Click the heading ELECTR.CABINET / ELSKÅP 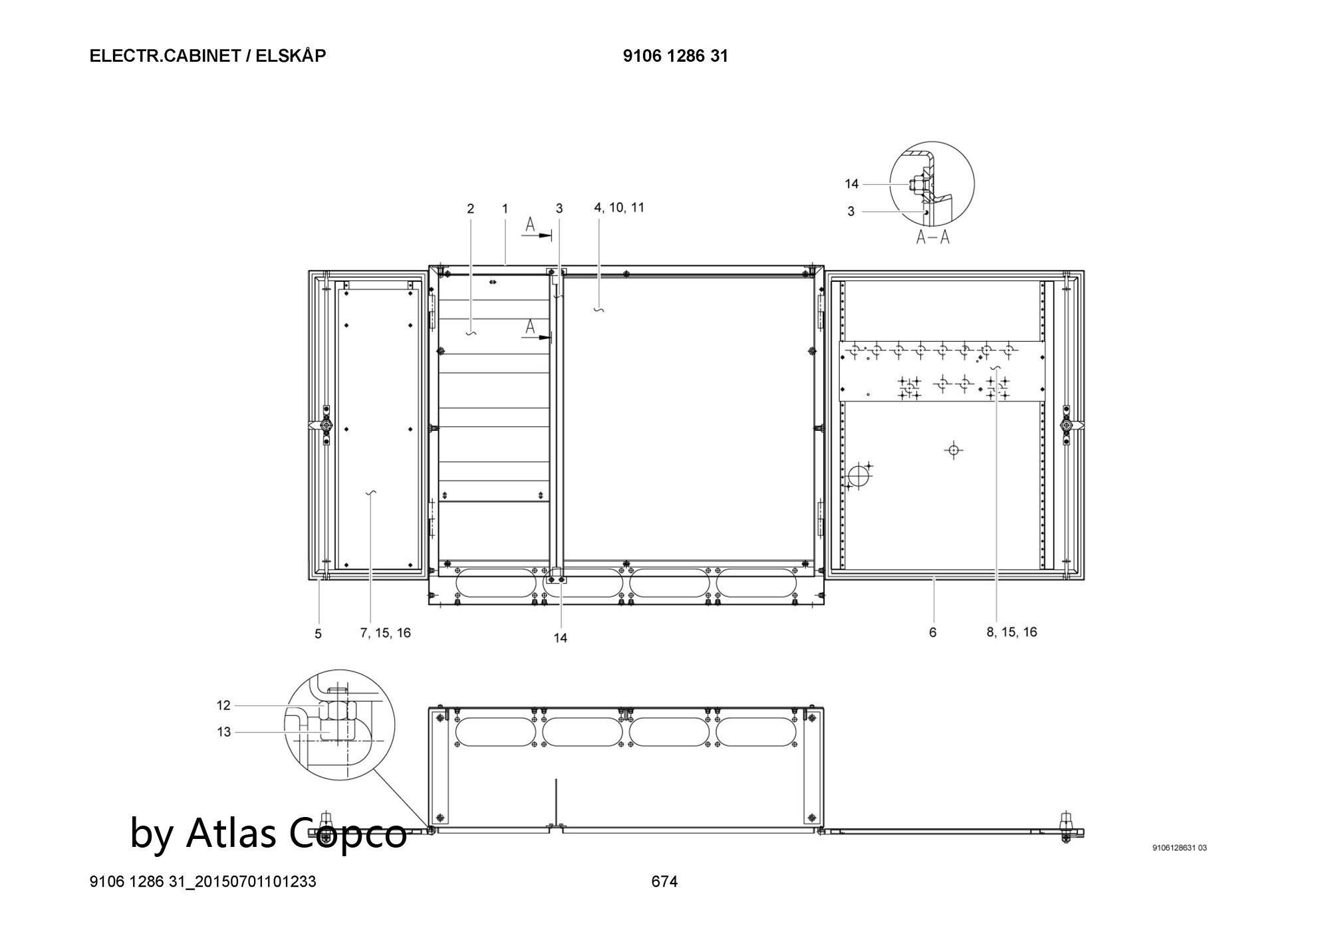coord(207,56)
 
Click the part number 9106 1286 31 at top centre coord(675,56)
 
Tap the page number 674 coord(664,881)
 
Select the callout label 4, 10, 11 coord(619,207)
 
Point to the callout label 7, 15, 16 coord(386,633)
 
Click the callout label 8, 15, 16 coord(1011,632)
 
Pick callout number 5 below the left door coord(318,634)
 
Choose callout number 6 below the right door coord(932,632)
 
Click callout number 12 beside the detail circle coord(223,705)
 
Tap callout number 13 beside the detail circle coord(223,732)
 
